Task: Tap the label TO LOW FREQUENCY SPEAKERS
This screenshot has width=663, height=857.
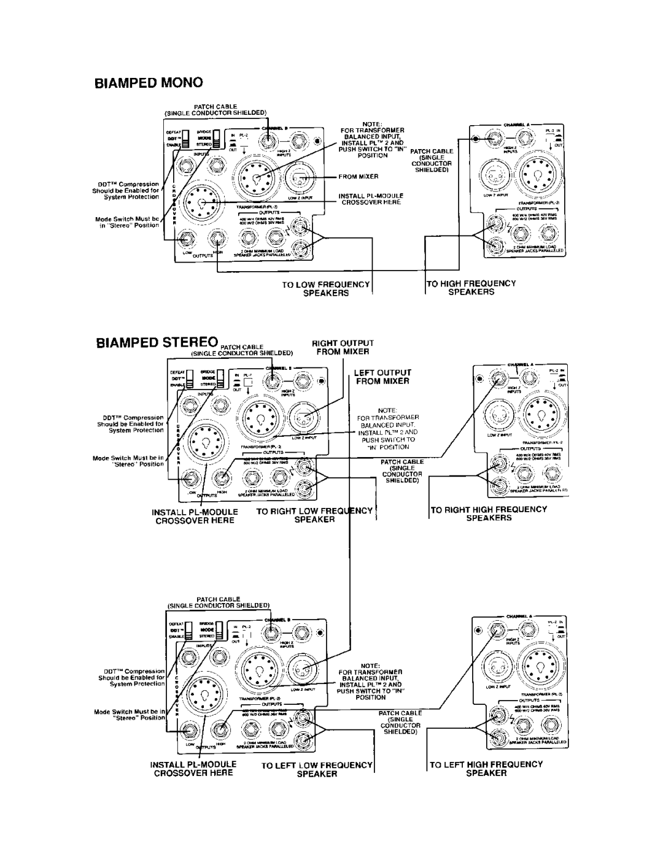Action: (325, 288)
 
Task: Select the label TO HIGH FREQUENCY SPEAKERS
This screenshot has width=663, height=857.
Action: (473, 288)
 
